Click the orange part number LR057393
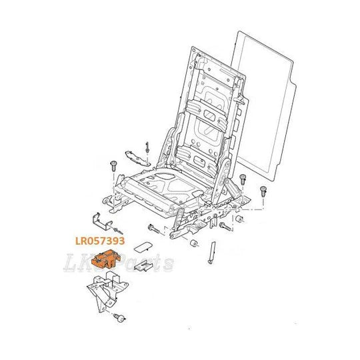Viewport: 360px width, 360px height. (100, 241)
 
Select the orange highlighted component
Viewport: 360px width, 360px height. (106, 259)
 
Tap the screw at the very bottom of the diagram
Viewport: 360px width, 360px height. (120, 317)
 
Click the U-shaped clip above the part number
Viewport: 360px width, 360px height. (101, 221)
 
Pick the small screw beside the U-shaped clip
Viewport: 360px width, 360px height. (118, 231)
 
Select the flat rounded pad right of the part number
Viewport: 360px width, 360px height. (143, 247)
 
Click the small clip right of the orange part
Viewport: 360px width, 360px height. (143, 267)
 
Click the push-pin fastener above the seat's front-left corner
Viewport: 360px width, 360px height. (113, 166)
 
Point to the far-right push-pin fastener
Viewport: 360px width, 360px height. (263, 191)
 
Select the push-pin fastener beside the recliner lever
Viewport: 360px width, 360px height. (243, 179)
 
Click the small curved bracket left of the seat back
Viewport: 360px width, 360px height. (137, 158)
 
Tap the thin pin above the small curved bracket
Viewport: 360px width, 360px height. (147, 147)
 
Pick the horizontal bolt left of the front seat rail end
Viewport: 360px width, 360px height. (154, 229)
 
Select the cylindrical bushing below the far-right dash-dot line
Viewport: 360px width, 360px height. (239, 219)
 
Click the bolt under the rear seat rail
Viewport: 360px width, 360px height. (225, 226)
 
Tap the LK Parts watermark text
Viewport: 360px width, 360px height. (119, 263)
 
